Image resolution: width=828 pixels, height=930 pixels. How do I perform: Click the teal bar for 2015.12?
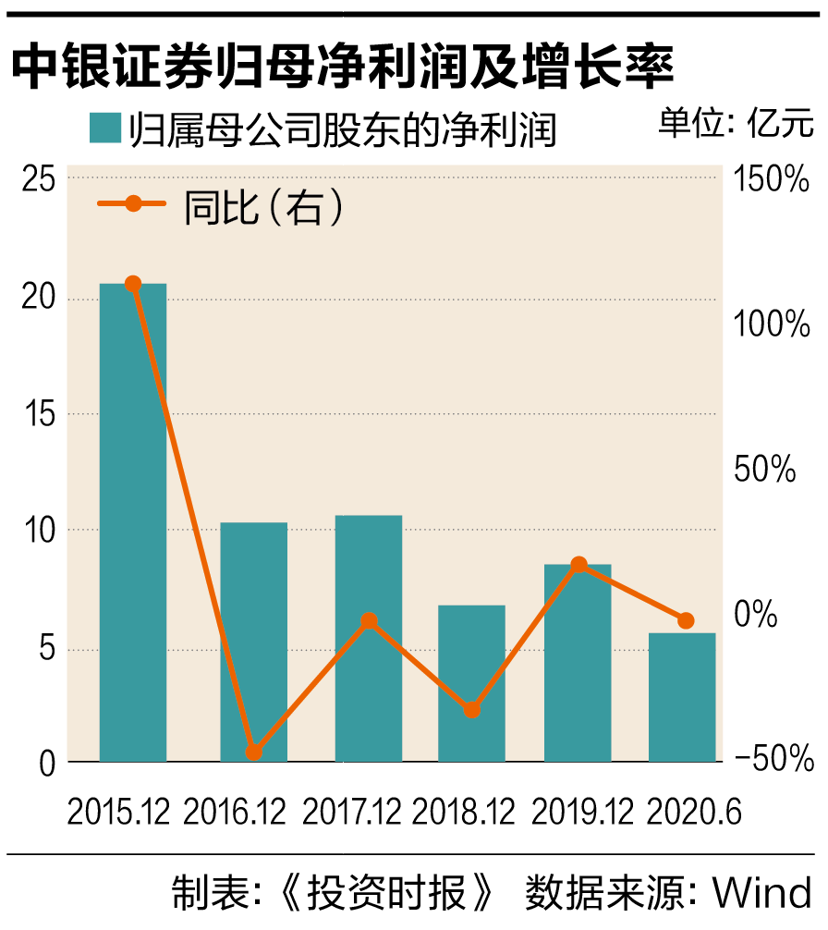[x=133, y=522]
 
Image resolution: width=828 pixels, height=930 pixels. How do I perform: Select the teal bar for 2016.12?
[x=253, y=642]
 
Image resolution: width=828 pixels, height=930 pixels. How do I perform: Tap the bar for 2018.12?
[x=471, y=683]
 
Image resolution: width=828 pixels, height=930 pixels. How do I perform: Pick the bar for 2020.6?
[x=682, y=697]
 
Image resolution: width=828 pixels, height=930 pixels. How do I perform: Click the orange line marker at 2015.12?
[x=133, y=284]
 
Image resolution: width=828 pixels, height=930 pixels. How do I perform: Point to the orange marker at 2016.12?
[x=253, y=753]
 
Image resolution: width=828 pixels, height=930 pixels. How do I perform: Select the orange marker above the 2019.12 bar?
[x=578, y=565]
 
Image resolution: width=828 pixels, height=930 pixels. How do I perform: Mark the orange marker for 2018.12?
[x=471, y=710]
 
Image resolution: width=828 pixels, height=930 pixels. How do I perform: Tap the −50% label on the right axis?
[x=772, y=759]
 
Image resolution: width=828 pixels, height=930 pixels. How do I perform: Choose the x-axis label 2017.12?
[x=352, y=813]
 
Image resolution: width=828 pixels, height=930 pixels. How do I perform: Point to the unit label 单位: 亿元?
[x=736, y=123]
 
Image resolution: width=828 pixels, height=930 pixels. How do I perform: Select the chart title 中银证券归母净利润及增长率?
[x=342, y=69]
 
